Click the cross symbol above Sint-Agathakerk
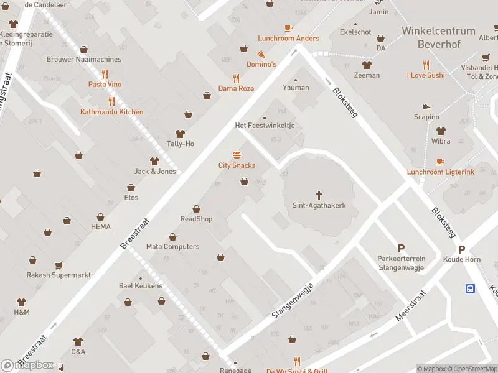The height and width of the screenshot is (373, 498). tap(319, 195)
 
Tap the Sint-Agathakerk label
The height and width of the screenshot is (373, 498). tap(319, 205)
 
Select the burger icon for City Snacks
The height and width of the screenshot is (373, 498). tap(237, 155)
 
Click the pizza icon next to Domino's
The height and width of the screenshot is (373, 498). tap(261, 54)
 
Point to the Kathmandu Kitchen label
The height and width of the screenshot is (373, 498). tap(111, 112)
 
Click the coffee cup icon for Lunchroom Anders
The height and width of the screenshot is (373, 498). tap(288, 28)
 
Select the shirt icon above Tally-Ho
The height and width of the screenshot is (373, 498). tap(181, 134)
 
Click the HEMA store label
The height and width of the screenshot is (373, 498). tap(100, 227)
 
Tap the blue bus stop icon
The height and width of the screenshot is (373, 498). tap(471, 288)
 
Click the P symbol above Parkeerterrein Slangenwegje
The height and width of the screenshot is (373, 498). tap(401, 248)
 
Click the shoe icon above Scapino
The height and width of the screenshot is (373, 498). tap(426, 107)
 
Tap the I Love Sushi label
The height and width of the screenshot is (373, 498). tap(426, 75)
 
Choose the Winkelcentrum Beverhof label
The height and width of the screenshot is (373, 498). tap(438, 36)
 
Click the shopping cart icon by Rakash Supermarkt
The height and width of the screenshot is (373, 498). tap(59, 265)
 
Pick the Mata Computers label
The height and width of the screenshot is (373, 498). tap(172, 247)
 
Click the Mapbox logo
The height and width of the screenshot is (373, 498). tap(27, 366)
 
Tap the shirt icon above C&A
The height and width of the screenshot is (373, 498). tap(78, 341)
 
